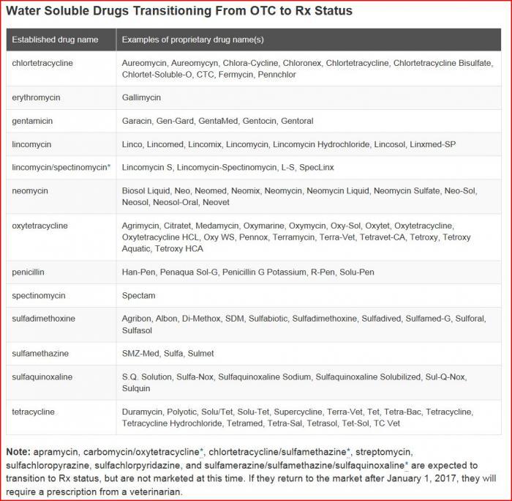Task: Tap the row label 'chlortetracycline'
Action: [x=42, y=63]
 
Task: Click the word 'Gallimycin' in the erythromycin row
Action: [x=141, y=97]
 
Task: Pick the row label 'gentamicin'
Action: [x=33, y=121]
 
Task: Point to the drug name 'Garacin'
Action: [x=137, y=121]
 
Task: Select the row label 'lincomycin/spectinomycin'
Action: [x=59, y=168]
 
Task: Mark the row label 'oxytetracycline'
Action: [x=39, y=226]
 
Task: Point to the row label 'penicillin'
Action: [x=29, y=272]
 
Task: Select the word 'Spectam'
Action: [x=138, y=296]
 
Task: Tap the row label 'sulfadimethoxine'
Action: [x=43, y=319]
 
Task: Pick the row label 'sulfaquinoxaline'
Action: [x=42, y=376]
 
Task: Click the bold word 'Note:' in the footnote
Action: [x=18, y=452]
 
